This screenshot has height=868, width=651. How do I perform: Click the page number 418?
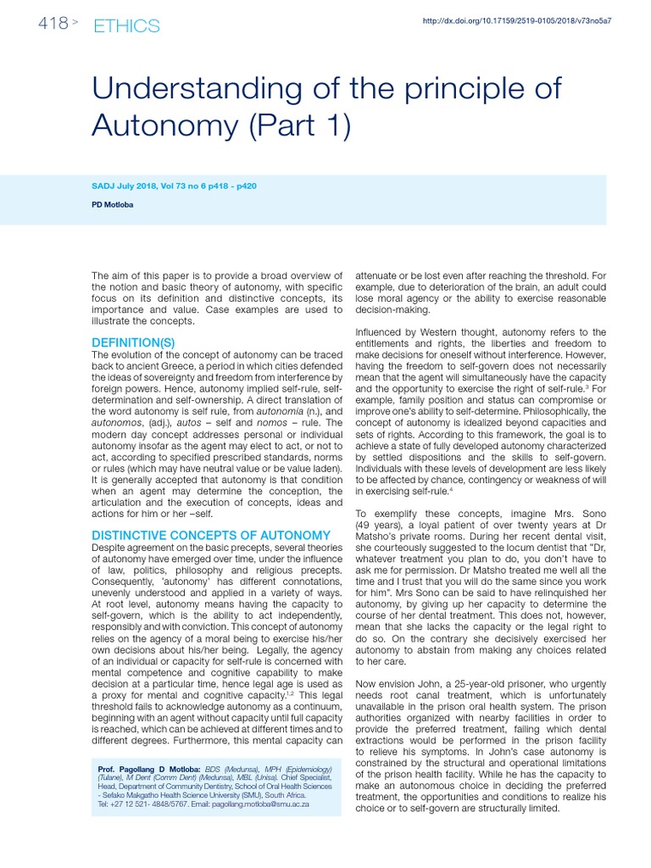point(53,24)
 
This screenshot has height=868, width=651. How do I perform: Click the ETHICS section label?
point(127,25)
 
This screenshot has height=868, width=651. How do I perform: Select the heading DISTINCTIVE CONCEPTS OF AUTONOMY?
point(210,535)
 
